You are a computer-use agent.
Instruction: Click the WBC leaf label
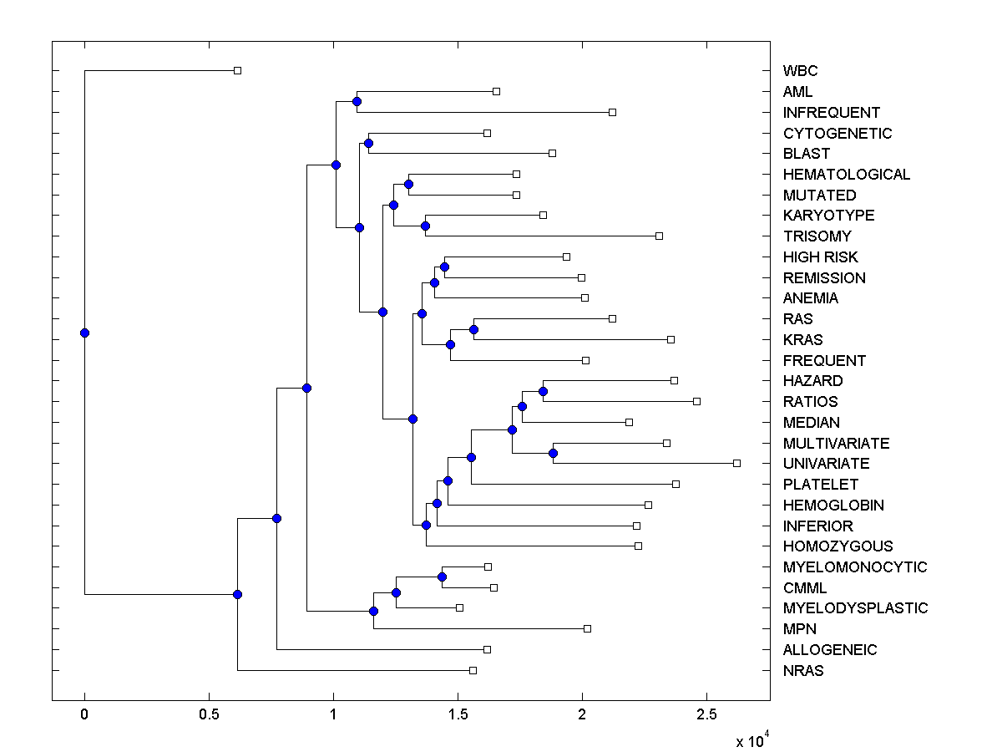click(800, 71)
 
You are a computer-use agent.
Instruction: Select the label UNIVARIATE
click(826, 464)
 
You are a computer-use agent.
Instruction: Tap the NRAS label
click(803, 670)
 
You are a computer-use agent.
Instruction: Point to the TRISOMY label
click(817, 236)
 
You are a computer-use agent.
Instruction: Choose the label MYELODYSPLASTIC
click(855, 608)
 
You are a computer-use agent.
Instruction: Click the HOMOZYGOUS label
click(838, 546)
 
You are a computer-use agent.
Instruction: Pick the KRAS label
click(802, 340)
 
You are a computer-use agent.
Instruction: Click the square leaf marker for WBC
click(237, 70)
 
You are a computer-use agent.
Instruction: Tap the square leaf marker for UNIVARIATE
click(736, 463)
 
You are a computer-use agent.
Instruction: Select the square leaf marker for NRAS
click(473, 670)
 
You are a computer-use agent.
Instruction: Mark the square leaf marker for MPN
click(587, 628)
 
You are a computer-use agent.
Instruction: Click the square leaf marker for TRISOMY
click(659, 236)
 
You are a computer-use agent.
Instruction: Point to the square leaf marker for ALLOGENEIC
click(487, 649)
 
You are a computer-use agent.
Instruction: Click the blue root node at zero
click(84, 333)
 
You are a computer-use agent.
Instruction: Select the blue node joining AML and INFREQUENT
click(357, 101)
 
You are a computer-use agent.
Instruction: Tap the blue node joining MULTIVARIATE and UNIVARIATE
click(553, 453)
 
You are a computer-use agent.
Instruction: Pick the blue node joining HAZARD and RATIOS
click(543, 391)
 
